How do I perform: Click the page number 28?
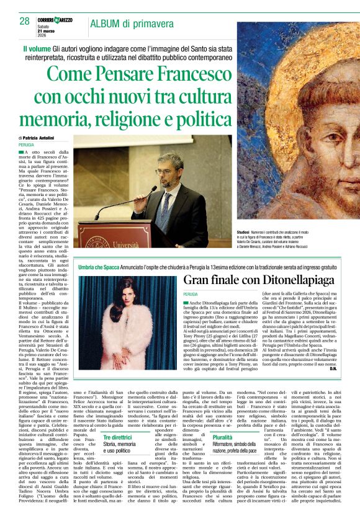point(24,21)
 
